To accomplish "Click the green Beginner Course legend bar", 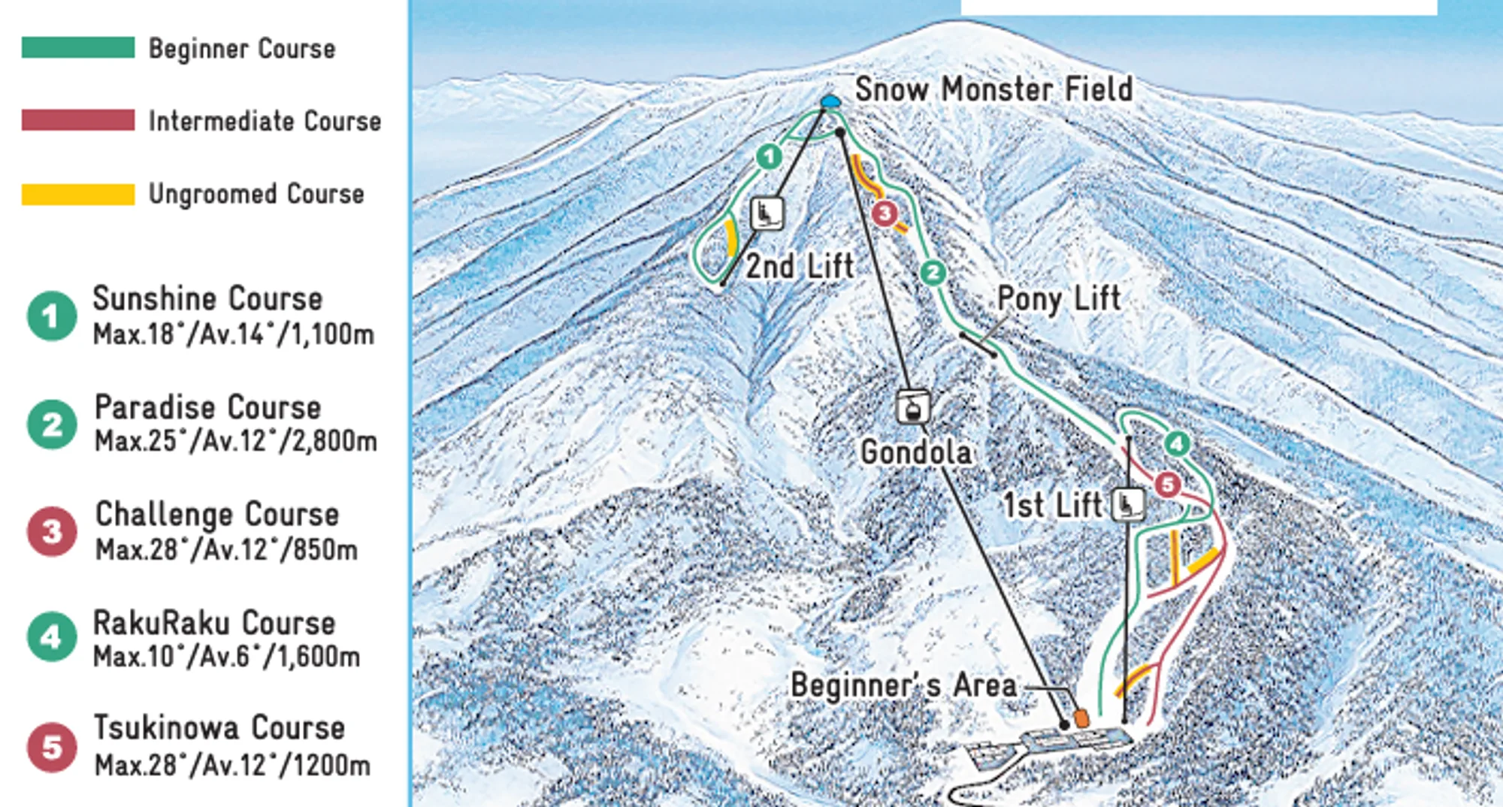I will point(78,47).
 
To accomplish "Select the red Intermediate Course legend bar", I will point(78,120).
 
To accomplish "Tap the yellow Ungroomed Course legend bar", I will point(78,194).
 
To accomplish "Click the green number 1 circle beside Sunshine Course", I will point(51,316).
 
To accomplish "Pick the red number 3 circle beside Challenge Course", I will point(51,531).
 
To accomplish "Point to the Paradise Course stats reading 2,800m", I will point(235,441).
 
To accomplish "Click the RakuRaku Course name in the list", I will point(213,623).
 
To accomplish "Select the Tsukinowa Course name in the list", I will point(219,727).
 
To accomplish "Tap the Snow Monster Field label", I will point(993,89).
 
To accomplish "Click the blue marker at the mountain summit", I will point(830,101).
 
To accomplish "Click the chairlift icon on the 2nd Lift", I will point(767,213).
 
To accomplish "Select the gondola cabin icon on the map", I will point(912,408).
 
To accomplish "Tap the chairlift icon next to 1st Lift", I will point(1127,504).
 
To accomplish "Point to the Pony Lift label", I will point(1058,298).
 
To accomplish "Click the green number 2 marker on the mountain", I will point(933,272).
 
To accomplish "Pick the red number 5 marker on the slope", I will point(1167,485).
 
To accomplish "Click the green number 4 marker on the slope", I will point(1177,444).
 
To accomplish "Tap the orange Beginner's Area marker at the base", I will point(1081,718).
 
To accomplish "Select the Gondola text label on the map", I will point(916,452).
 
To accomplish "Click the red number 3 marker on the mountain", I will point(885,213).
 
